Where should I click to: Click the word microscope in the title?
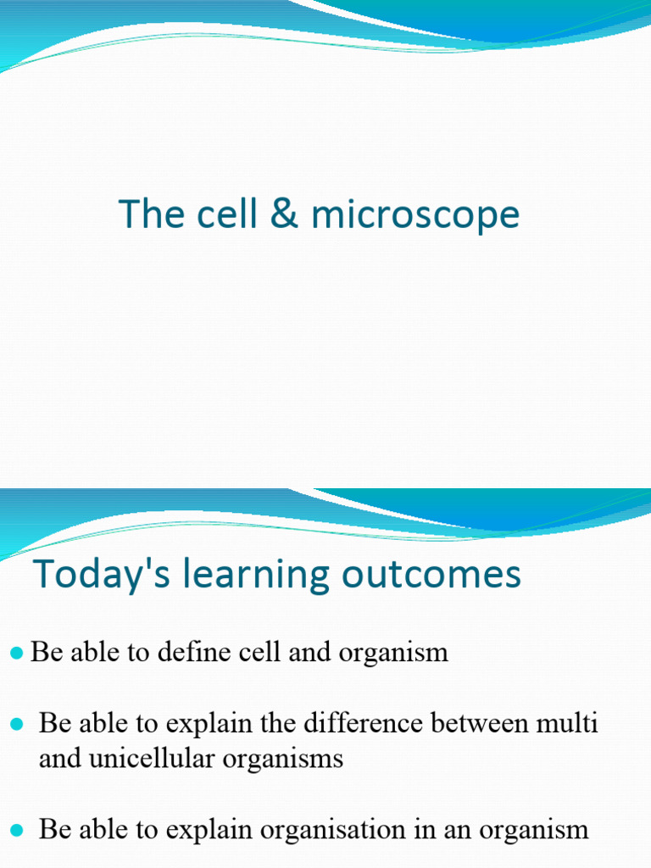pyautogui.click(x=415, y=214)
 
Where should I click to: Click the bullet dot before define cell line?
pyautogui.click(x=16, y=653)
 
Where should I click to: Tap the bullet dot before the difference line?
pyautogui.click(x=16, y=724)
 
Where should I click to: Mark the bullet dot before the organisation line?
pyautogui.click(x=16, y=829)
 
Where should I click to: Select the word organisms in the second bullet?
pyautogui.click(x=287, y=759)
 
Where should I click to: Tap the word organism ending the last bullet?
pyautogui.click(x=533, y=830)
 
